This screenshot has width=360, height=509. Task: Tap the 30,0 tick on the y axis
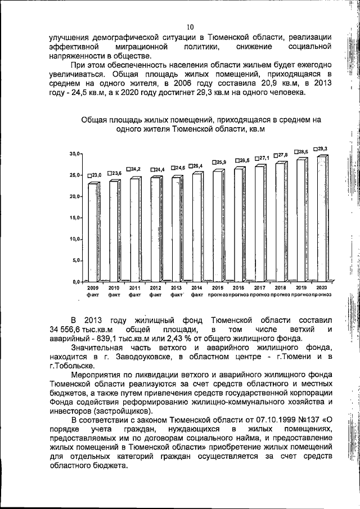(75, 169)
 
